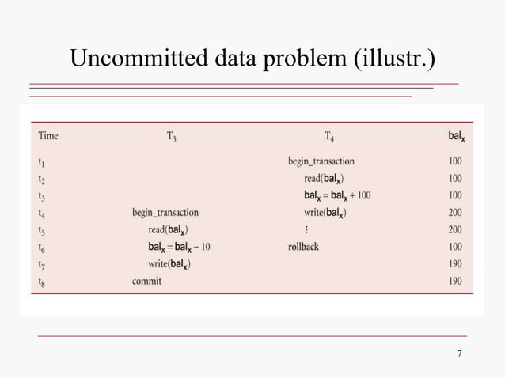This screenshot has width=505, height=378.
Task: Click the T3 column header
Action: tap(171, 136)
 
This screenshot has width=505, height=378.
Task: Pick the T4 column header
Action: tap(329, 136)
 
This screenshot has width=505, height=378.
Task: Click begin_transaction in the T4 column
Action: tap(321, 161)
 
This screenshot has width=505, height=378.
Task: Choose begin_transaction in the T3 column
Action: tap(165, 213)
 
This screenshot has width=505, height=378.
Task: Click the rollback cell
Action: tap(304, 247)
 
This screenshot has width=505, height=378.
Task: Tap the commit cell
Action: tap(146, 282)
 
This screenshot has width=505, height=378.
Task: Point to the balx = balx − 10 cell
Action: tap(179, 247)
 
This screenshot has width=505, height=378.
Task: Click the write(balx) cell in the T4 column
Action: tap(325, 213)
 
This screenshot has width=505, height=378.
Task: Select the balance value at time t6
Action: tap(455, 247)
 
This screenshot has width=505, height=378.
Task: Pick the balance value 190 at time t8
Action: tap(455, 282)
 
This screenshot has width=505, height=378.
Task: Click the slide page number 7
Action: tap(459, 353)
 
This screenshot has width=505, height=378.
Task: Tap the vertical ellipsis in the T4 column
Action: tap(306, 230)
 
